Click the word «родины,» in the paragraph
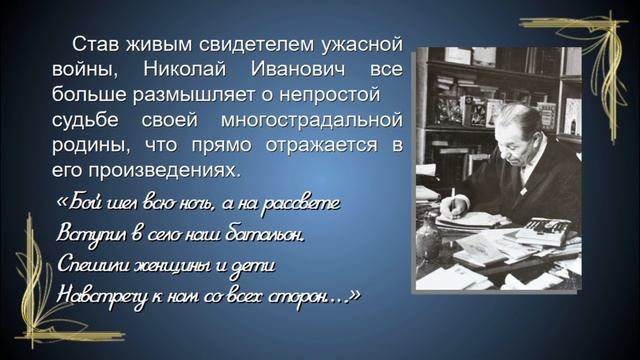click(86, 145)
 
